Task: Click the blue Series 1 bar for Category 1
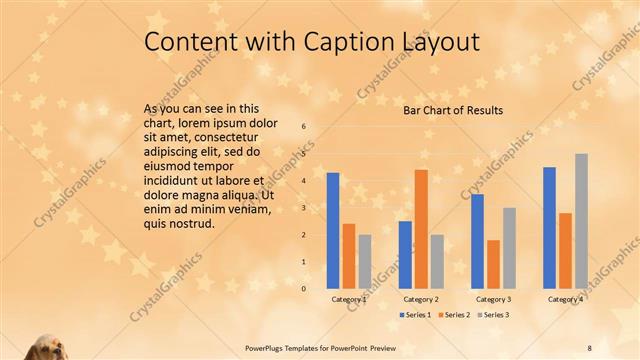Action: (x=333, y=230)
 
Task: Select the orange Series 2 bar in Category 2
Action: (x=421, y=229)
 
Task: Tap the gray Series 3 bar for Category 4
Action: (x=581, y=221)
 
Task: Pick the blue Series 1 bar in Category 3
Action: (x=477, y=241)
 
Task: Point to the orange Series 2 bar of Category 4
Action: (x=565, y=250)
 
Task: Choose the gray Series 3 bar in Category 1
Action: (x=365, y=261)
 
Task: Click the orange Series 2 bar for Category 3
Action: (x=493, y=264)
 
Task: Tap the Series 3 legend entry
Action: (x=492, y=315)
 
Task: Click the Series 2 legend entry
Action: (x=455, y=315)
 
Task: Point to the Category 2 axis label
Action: (x=421, y=299)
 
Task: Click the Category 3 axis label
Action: (x=493, y=299)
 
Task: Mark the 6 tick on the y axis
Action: (x=304, y=127)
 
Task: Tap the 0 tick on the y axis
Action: (x=304, y=288)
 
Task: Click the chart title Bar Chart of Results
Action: (x=453, y=110)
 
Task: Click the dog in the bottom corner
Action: (x=45, y=346)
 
